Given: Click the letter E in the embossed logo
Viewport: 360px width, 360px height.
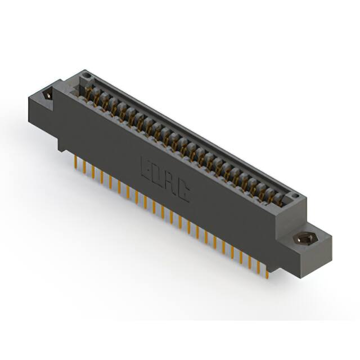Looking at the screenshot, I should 146,168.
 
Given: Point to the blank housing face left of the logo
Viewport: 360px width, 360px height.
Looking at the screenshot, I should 101,141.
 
